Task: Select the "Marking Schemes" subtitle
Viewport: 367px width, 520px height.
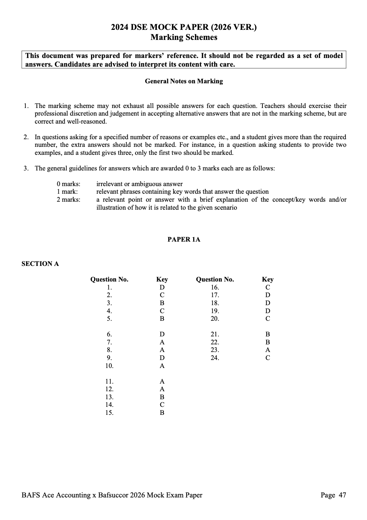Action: pyautogui.click(x=184, y=37)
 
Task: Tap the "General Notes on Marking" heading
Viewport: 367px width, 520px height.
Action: pyautogui.click(x=184, y=81)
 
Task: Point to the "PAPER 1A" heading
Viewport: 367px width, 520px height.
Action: pyautogui.click(x=184, y=240)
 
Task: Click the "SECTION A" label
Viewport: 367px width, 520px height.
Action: pyautogui.click(x=40, y=264)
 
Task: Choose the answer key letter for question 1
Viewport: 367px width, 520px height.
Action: pyautogui.click(x=162, y=287)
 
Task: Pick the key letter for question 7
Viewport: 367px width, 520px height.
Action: pyautogui.click(x=162, y=342)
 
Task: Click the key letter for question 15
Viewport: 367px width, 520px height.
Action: pyautogui.click(x=162, y=413)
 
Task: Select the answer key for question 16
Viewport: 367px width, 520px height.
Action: pyautogui.click(x=268, y=287)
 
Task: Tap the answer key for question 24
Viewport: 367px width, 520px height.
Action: pyautogui.click(x=268, y=358)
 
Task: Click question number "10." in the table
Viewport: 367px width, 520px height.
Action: pyautogui.click(x=109, y=366)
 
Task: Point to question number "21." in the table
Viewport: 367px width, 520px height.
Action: pyautogui.click(x=215, y=334)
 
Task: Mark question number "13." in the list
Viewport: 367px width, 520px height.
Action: pyautogui.click(x=109, y=397)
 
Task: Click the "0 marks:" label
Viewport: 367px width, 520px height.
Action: pyautogui.click(x=68, y=184)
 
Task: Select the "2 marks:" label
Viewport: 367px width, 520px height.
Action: pyautogui.click(x=68, y=200)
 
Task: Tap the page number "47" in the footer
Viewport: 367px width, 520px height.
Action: pyautogui.click(x=342, y=495)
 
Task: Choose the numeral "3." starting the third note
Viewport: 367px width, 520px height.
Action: pyautogui.click(x=26, y=168)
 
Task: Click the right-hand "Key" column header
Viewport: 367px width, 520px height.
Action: pyautogui.click(x=268, y=279)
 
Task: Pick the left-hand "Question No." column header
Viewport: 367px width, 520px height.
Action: pyautogui.click(x=109, y=279)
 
